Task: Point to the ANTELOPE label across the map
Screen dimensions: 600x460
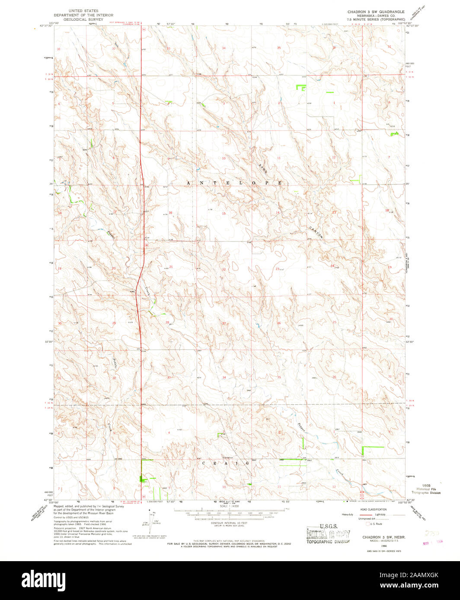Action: pos(235,183)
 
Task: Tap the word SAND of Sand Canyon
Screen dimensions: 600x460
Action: pos(263,168)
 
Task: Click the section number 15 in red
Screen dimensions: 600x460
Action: pos(224,214)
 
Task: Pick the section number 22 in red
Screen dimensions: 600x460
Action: pos(224,269)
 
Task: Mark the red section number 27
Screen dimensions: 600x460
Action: pos(224,323)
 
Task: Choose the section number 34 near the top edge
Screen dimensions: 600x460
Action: pos(224,47)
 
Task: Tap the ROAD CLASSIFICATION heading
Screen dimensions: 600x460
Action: pos(374,510)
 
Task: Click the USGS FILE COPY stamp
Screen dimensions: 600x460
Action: pos(327,534)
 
